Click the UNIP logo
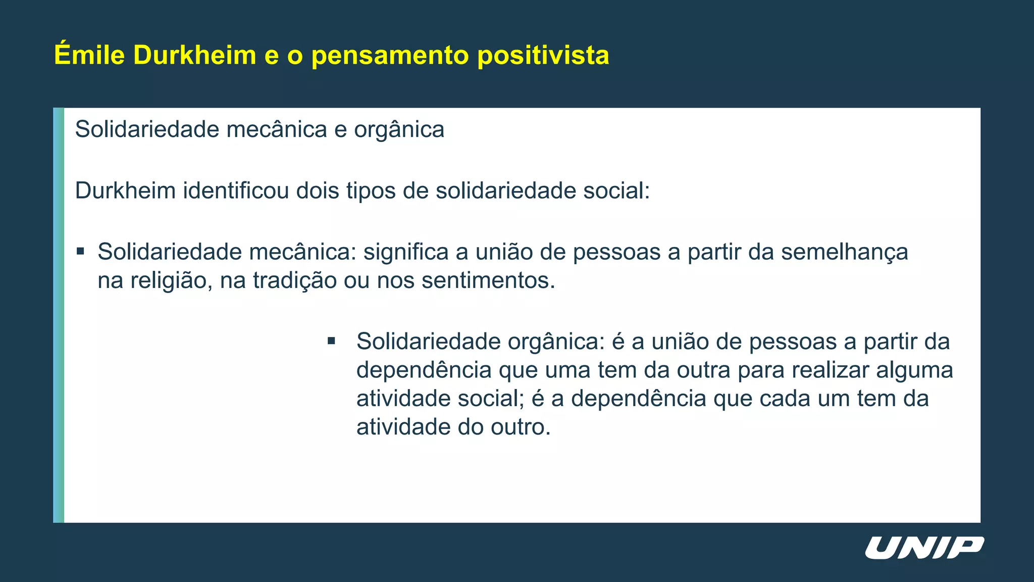pos(924,548)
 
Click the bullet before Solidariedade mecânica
pos(80,251)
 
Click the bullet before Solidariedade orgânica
pos(331,341)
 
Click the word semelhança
pos(844,252)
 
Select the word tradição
pos(294,280)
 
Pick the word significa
pos(406,252)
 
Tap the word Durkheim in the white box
pos(125,191)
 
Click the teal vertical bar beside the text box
pos(59,315)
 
